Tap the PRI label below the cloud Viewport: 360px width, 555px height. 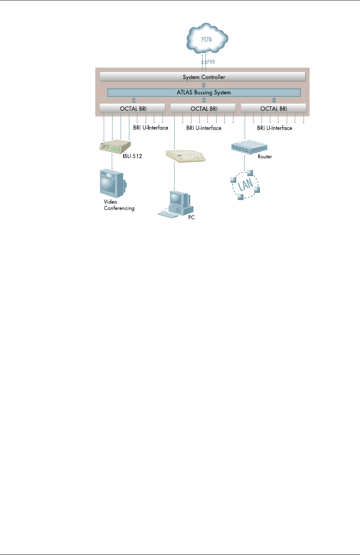(x=211, y=62)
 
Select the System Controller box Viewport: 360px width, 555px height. (x=203, y=77)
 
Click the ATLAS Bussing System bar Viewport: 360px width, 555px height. (x=204, y=92)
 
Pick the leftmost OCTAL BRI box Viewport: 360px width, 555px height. (x=132, y=108)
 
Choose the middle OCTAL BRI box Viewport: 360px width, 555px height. (x=203, y=108)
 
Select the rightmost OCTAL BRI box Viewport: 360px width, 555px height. (x=274, y=108)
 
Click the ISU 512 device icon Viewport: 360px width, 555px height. (x=115, y=146)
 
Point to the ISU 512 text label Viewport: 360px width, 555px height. (x=133, y=156)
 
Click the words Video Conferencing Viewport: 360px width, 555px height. (x=119, y=205)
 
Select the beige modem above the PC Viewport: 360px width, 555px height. (x=185, y=155)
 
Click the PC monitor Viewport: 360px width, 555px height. (x=178, y=198)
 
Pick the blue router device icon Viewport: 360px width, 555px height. (x=249, y=146)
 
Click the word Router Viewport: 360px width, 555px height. (x=265, y=157)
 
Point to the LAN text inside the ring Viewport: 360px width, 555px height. (x=245, y=184)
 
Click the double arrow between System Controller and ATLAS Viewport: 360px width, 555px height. (x=203, y=85)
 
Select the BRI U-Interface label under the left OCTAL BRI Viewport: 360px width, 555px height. (x=151, y=128)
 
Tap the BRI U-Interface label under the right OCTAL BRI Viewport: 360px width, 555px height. (x=274, y=128)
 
